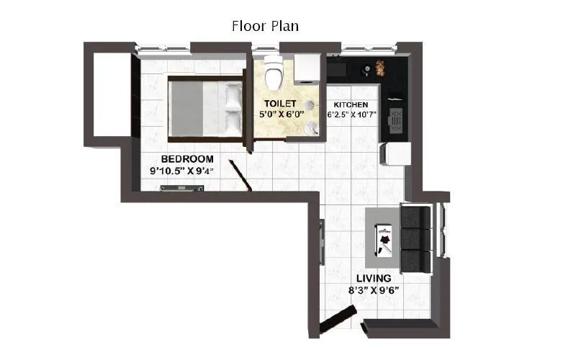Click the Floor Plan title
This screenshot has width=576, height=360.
click(265, 26)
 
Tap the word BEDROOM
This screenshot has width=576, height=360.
click(187, 158)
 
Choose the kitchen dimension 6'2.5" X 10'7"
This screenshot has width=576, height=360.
click(353, 114)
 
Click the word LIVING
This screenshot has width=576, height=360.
click(374, 278)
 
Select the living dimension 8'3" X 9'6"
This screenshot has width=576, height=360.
click(374, 291)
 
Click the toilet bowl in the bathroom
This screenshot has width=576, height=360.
click(274, 72)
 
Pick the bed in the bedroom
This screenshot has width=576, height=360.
click(204, 109)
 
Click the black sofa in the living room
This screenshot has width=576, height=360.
click(415, 238)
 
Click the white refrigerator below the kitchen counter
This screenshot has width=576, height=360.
click(395, 154)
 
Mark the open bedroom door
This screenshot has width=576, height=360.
click(238, 176)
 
